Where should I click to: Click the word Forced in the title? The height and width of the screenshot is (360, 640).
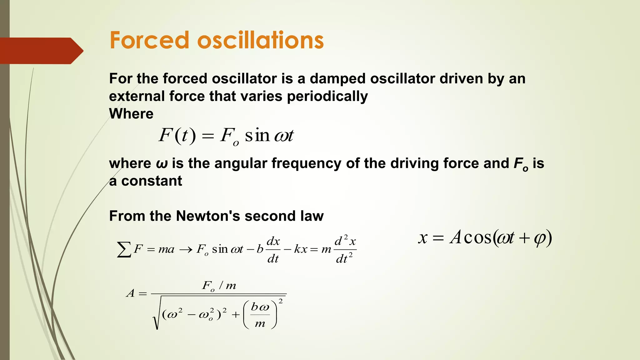tap(149, 40)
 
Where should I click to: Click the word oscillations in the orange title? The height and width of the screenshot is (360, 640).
tap(261, 40)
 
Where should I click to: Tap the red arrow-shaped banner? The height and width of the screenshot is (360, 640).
tap(41, 51)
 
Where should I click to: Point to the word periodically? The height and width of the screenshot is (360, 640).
tap(327, 97)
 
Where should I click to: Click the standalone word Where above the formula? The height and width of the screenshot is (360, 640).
tap(131, 114)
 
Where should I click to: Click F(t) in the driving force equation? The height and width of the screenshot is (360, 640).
tap(177, 136)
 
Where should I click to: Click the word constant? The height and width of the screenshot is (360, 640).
tap(152, 181)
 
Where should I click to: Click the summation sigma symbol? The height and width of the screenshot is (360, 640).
tap(124, 250)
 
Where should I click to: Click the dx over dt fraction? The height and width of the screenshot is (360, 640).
tap(273, 250)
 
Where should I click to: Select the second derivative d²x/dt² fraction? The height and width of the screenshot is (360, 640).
tap(345, 250)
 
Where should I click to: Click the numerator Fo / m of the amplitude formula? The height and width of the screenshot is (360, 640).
tap(219, 286)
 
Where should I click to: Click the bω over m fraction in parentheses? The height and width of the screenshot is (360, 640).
tap(260, 315)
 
